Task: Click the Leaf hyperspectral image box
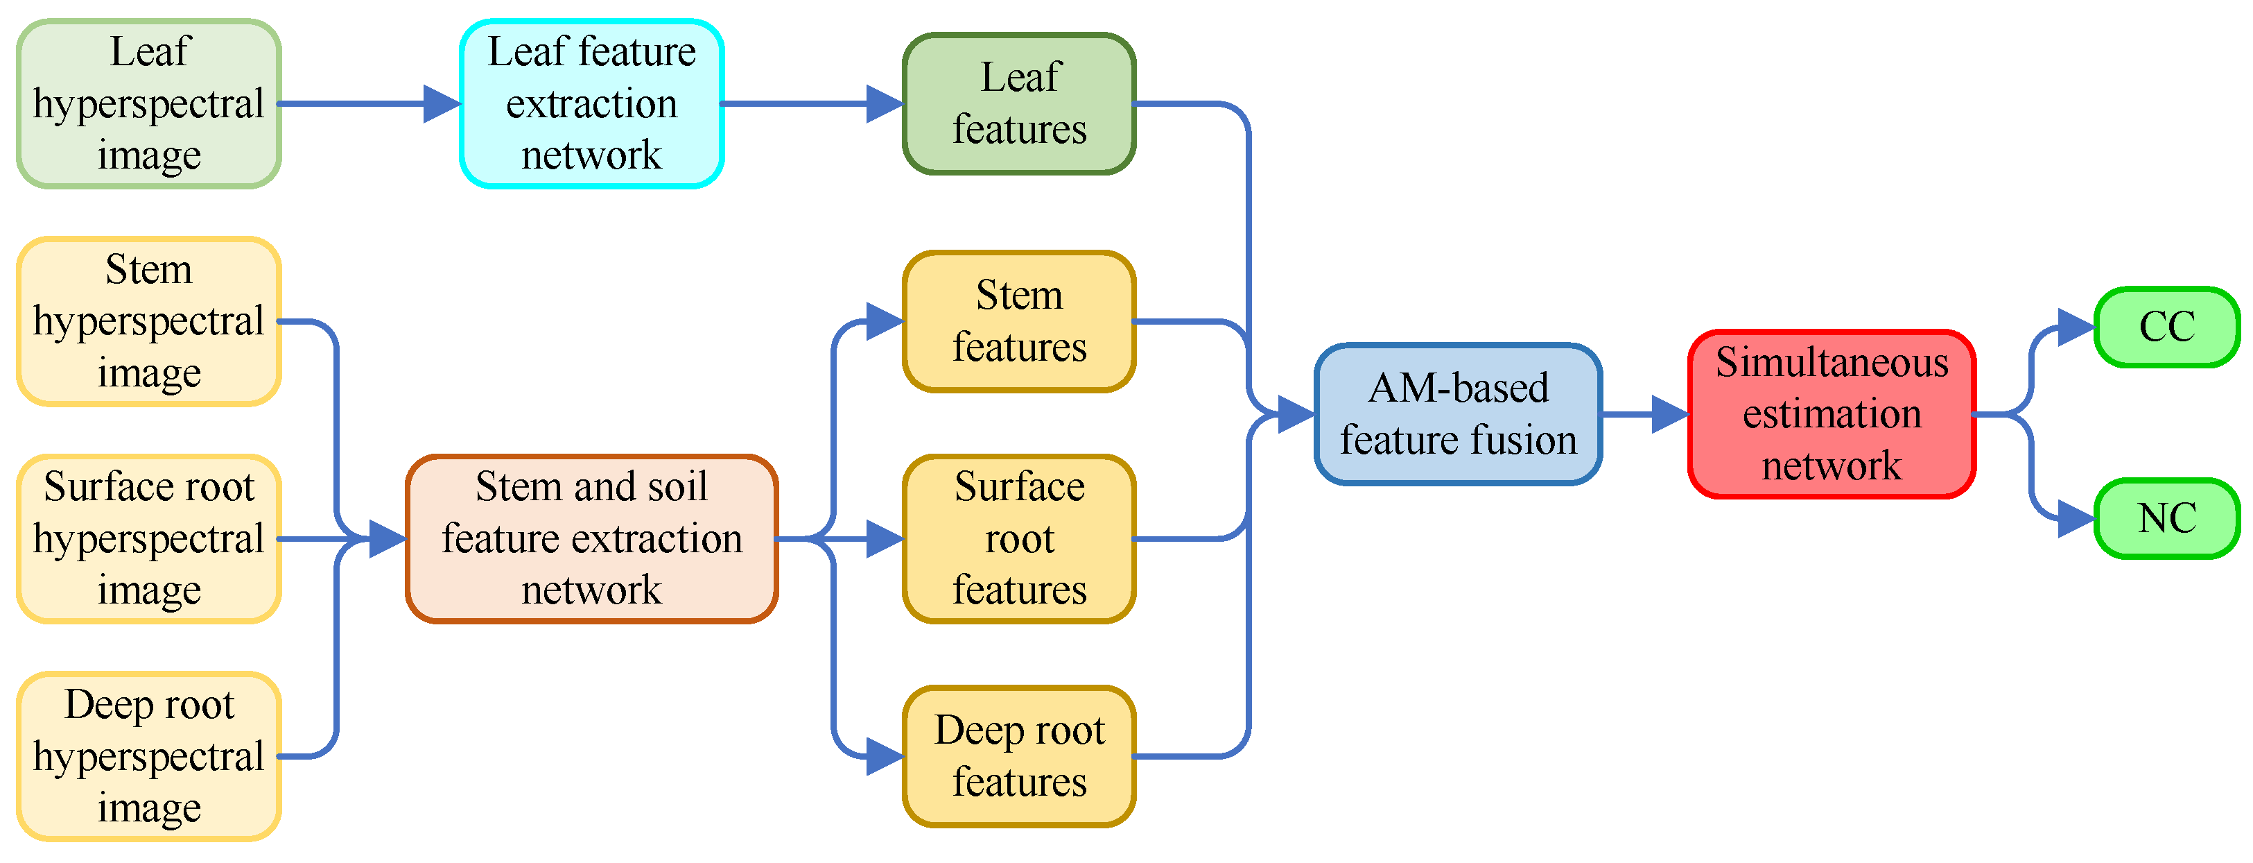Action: pos(148,103)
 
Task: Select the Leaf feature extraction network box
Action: pos(591,103)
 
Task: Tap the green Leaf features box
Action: pos(1019,103)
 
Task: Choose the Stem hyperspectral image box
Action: pos(148,321)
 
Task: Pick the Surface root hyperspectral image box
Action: pos(148,538)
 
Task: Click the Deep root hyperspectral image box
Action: pos(148,756)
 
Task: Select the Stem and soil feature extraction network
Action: pos(591,538)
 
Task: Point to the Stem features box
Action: pos(1019,321)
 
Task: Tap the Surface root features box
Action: pos(1019,538)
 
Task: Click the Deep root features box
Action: pos(1019,756)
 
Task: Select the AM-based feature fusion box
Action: pos(1458,414)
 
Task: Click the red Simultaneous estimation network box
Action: pos(1832,414)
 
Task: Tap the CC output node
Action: pos(2166,327)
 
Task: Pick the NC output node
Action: pos(2166,518)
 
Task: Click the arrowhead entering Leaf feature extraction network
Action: pos(442,103)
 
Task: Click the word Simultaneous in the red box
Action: pos(1832,362)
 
